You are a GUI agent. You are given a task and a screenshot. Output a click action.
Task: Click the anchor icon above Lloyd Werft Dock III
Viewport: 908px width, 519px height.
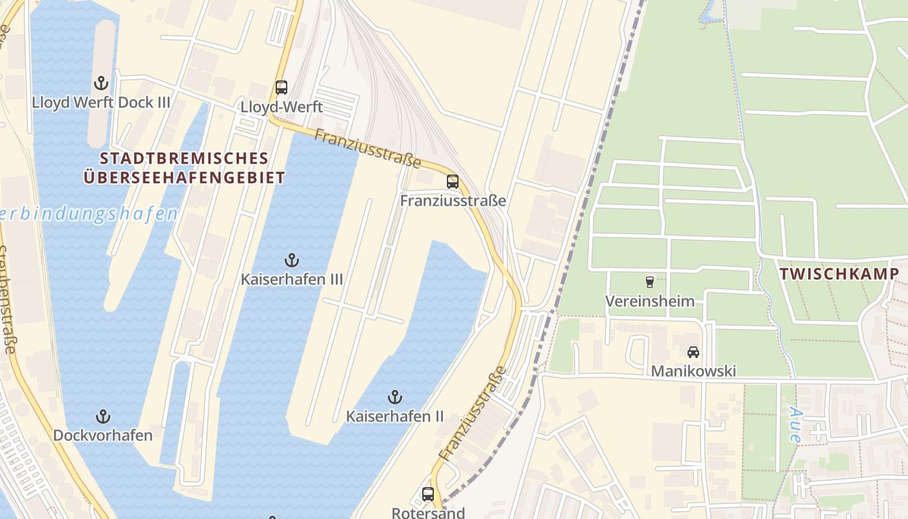pyautogui.click(x=101, y=83)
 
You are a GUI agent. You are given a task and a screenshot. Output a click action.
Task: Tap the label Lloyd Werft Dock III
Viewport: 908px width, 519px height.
pyautogui.click(x=101, y=103)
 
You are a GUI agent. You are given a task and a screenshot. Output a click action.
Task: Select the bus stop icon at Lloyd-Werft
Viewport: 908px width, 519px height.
pyautogui.click(x=281, y=88)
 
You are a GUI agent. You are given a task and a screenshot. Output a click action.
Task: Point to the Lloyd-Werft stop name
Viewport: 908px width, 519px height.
pyautogui.click(x=281, y=107)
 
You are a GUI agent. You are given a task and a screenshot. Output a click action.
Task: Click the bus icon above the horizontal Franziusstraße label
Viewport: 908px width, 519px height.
pyautogui.click(x=453, y=182)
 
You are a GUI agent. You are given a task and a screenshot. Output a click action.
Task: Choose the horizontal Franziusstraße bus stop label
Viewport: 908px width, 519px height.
pyautogui.click(x=453, y=201)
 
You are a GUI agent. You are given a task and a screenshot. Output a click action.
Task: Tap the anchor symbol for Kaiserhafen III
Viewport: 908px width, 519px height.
pyautogui.click(x=292, y=261)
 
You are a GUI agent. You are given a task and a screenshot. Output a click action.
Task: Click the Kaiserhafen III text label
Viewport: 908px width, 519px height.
pyautogui.click(x=292, y=280)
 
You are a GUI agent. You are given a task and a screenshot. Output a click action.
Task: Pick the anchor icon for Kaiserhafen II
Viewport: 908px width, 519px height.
pyautogui.click(x=394, y=397)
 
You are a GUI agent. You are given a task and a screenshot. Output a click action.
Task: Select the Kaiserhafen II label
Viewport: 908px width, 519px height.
pyautogui.click(x=394, y=416)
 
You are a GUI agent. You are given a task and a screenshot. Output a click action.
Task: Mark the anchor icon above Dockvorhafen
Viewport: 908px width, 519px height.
pyautogui.click(x=102, y=416)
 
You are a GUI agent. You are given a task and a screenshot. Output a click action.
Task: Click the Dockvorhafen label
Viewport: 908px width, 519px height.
pyautogui.click(x=102, y=435)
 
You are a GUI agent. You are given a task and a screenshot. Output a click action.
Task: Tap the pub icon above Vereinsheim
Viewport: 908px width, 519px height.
pyautogui.click(x=649, y=282)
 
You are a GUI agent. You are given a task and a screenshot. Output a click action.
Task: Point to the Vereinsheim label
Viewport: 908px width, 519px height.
pyautogui.click(x=649, y=301)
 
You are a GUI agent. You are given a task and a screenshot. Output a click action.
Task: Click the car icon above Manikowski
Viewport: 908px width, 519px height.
pyautogui.click(x=693, y=352)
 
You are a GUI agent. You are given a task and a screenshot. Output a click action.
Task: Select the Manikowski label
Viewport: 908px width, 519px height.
pyautogui.click(x=693, y=372)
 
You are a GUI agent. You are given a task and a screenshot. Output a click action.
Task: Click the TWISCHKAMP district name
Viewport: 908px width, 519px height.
pyautogui.click(x=839, y=274)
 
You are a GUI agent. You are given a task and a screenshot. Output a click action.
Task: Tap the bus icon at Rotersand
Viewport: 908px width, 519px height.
pyautogui.click(x=428, y=494)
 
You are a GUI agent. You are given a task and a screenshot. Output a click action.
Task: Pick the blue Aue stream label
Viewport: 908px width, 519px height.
pyautogui.click(x=796, y=425)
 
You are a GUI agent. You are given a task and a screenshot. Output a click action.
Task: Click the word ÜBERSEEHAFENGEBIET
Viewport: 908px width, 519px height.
pyautogui.click(x=184, y=178)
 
